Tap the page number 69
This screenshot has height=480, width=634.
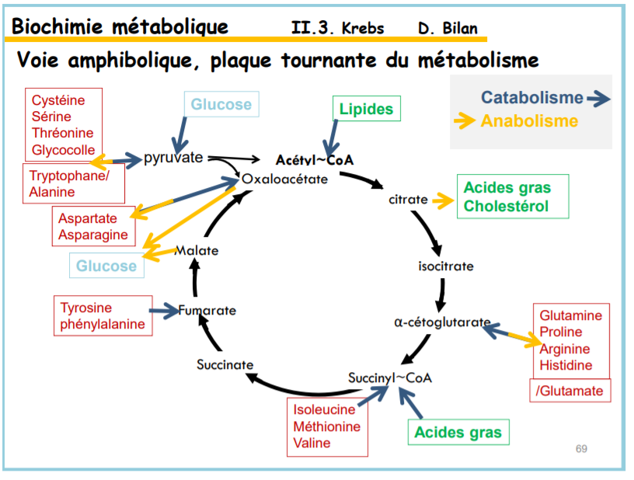(581, 448)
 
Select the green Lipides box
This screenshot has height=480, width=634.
(366, 109)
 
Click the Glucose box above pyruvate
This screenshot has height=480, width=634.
(221, 104)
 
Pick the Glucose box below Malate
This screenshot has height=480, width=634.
(106, 266)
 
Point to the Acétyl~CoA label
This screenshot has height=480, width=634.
(315, 160)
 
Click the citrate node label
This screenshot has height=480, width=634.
(408, 199)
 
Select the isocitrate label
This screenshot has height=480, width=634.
(445, 266)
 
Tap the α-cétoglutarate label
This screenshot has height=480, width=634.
(441, 322)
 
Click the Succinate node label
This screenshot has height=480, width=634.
(225, 364)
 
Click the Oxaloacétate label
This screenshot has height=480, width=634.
(284, 179)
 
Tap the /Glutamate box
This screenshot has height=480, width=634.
(569, 391)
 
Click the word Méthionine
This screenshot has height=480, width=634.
(326, 426)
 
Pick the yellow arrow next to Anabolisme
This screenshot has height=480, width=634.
(465, 120)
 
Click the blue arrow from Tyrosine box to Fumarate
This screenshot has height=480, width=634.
(165, 311)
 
